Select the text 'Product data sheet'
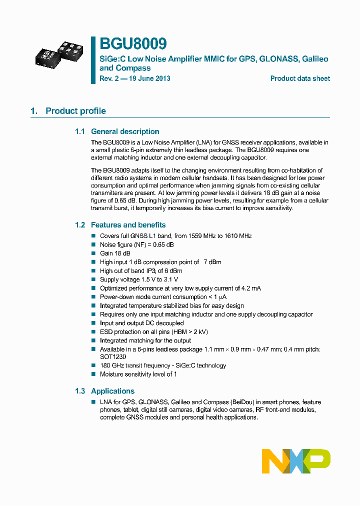(x=300, y=78)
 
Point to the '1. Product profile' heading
(x=68, y=111)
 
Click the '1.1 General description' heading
(x=117, y=131)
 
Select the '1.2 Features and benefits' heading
(x=120, y=225)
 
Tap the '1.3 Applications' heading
(x=104, y=391)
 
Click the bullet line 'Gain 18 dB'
(x=113, y=253)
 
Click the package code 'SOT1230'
(x=113, y=357)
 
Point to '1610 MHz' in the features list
(x=238, y=236)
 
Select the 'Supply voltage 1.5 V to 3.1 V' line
(x=139, y=279)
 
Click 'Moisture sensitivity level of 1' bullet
(x=138, y=374)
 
